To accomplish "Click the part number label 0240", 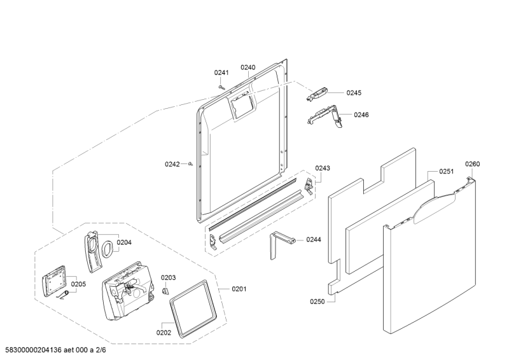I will pos(248,67).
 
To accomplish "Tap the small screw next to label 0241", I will pos(221,86).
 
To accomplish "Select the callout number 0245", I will pos(354,93).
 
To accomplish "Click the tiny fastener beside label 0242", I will pos(190,164).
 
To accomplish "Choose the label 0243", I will pos(323,168).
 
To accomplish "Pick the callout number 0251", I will pos(447,171).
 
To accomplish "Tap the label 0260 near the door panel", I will pos(472,163).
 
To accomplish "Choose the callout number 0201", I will pos(239,289).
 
